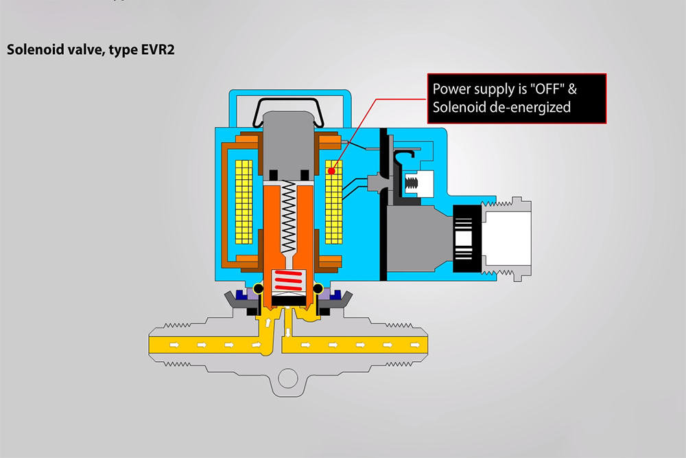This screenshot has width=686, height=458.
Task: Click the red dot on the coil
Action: [x=333, y=170]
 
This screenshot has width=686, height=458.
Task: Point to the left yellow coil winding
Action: [x=245, y=202]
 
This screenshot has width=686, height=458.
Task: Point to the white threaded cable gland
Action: [x=508, y=238]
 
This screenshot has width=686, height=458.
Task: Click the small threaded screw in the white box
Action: [x=414, y=183]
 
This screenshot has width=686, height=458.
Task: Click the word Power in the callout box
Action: [x=451, y=89]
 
